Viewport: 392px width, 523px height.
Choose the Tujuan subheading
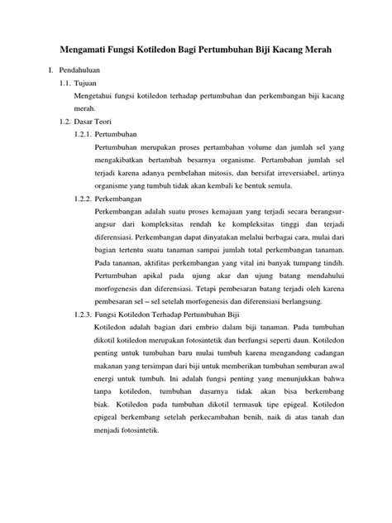coord(86,84)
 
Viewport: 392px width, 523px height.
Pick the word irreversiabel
coord(301,174)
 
